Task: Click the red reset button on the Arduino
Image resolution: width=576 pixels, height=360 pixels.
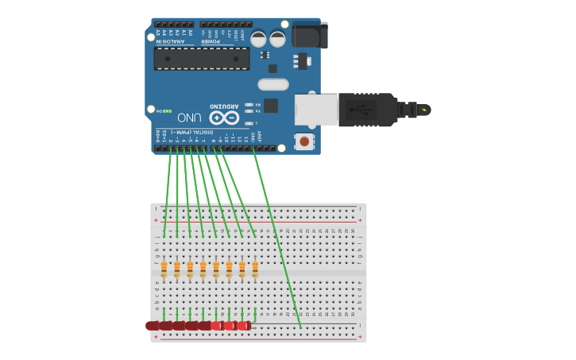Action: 303,141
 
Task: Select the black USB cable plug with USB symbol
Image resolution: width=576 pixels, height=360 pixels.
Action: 367,110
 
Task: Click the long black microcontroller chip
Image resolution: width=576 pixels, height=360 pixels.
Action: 202,58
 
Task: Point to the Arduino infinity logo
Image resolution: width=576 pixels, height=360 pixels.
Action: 224,117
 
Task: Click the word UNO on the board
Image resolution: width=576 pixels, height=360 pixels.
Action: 188,117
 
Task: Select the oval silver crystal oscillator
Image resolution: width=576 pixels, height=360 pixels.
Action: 273,84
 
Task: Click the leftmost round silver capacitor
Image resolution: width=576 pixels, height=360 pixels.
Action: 258,38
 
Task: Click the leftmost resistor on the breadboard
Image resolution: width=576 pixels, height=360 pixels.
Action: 164,269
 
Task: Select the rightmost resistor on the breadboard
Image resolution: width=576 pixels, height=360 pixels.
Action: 255,269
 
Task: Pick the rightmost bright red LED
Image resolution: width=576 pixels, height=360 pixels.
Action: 243,325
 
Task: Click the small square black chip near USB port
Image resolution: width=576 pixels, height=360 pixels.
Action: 271,105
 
